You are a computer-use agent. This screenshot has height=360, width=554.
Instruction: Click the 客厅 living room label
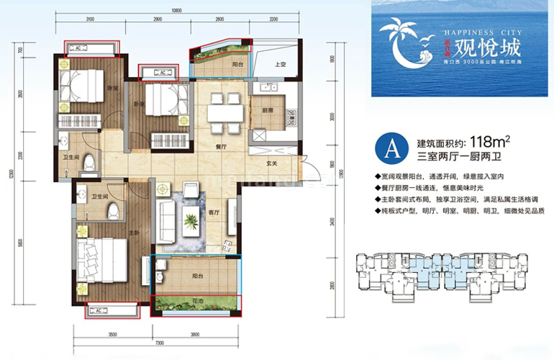click(214, 212)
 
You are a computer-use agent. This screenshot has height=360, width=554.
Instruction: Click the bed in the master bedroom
click(98, 255)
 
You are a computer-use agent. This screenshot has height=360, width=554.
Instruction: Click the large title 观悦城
click(478, 51)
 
